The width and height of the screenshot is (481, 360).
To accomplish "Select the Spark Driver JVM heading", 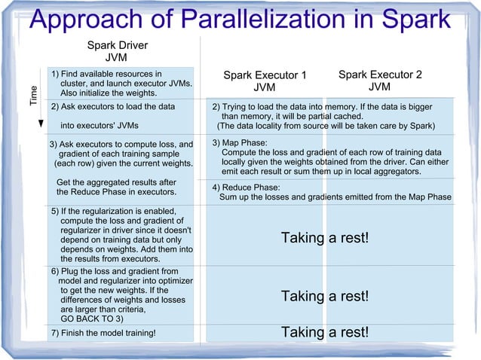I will point(117,51).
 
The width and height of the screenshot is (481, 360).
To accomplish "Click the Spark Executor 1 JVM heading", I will point(265,81).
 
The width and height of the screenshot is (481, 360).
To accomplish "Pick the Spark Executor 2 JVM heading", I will point(380,81).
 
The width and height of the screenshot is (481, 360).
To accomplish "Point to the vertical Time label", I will point(32,95).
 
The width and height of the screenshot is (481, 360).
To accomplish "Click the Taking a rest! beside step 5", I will point(325,238).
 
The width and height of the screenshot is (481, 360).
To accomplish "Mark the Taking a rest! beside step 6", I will point(325,296).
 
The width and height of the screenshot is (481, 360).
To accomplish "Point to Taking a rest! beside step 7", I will point(325,332).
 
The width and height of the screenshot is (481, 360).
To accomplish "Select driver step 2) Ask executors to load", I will point(112,107).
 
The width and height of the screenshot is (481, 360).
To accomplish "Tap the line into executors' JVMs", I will point(99,126).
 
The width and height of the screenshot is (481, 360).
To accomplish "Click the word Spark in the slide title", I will point(414,19).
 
